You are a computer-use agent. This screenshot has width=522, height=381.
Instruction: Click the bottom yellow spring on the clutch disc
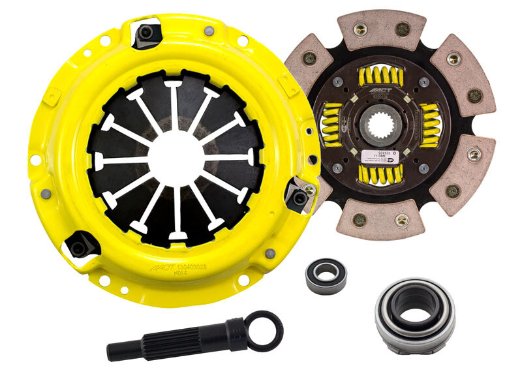pos(381,173)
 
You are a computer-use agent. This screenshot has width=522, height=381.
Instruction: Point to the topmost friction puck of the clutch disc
pos(381,29)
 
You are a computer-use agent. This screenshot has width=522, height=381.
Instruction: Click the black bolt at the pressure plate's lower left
pos(79,247)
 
